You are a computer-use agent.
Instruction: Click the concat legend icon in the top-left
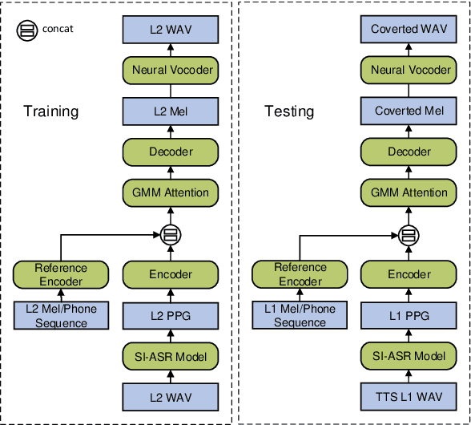click(x=26, y=30)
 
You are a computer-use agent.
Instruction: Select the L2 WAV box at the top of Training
click(x=169, y=29)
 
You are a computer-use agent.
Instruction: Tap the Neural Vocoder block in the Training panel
click(x=169, y=70)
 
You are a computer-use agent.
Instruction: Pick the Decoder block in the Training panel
click(x=169, y=152)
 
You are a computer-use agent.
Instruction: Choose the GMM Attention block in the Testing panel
click(x=409, y=192)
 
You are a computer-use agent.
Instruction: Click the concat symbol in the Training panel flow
click(x=169, y=234)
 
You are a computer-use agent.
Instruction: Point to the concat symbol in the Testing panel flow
click(x=409, y=234)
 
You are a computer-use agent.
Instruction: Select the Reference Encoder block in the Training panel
click(x=61, y=275)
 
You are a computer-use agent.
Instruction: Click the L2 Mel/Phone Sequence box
click(x=61, y=316)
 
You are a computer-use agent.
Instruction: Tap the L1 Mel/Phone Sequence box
click(x=301, y=316)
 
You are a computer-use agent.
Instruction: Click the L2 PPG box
click(x=169, y=316)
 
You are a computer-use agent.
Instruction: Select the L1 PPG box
click(x=409, y=316)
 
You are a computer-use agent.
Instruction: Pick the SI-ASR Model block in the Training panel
click(x=169, y=357)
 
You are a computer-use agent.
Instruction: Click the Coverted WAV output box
click(x=409, y=29)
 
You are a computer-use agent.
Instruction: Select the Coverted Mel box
click(x=409, y=111)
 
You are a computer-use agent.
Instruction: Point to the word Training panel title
click(x=50, y=111)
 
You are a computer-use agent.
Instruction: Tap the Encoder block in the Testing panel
click(x=409, y=275)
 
